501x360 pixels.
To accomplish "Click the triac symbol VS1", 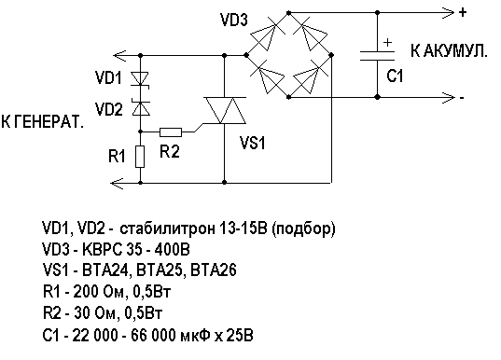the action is click(x=225, y=111).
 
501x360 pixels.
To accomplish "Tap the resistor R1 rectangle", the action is click(x=140, y=157).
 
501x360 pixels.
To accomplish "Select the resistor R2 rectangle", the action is click(x=171, y=132).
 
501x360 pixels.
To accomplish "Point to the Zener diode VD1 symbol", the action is click(x=140, y=79).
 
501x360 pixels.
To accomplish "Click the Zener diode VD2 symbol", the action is click(x=141, y=107).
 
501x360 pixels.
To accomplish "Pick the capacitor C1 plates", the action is click(x=377, y=56).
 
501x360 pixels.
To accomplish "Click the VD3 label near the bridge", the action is click(x=234, y=20).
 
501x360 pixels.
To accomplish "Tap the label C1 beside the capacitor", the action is click(x=395, y=76).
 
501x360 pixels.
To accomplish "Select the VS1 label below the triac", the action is click(x=253, y=143).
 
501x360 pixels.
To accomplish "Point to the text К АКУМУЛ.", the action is click(x=449, y=51).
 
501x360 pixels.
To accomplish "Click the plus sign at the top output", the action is click(x=463, y=12).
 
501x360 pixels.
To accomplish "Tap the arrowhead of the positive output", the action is click(x=447, y=13).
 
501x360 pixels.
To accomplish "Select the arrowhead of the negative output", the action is click(x=447, y=97).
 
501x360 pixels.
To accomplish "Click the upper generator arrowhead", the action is click(x=119, y=56).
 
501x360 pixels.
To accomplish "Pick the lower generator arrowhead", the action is click(x=117, y=183).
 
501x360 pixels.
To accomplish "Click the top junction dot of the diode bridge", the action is click(x=289, y=13).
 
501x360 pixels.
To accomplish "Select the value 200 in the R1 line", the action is click(x=85, y=292).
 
